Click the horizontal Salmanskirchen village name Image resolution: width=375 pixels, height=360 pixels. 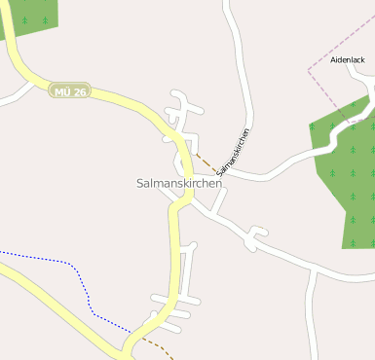[x=179, y=183]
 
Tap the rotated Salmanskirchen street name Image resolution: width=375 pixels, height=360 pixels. [x=234, y=151]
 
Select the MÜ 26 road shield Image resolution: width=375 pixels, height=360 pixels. [x=69, y=91]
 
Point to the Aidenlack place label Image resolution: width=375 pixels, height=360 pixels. [x=347, y=59]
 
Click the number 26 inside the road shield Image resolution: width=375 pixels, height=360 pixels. [x=79, y=91]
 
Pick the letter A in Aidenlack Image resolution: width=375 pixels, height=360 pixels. [x=333, y=59]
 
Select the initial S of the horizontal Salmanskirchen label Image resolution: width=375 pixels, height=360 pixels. [x=140, y=183]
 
